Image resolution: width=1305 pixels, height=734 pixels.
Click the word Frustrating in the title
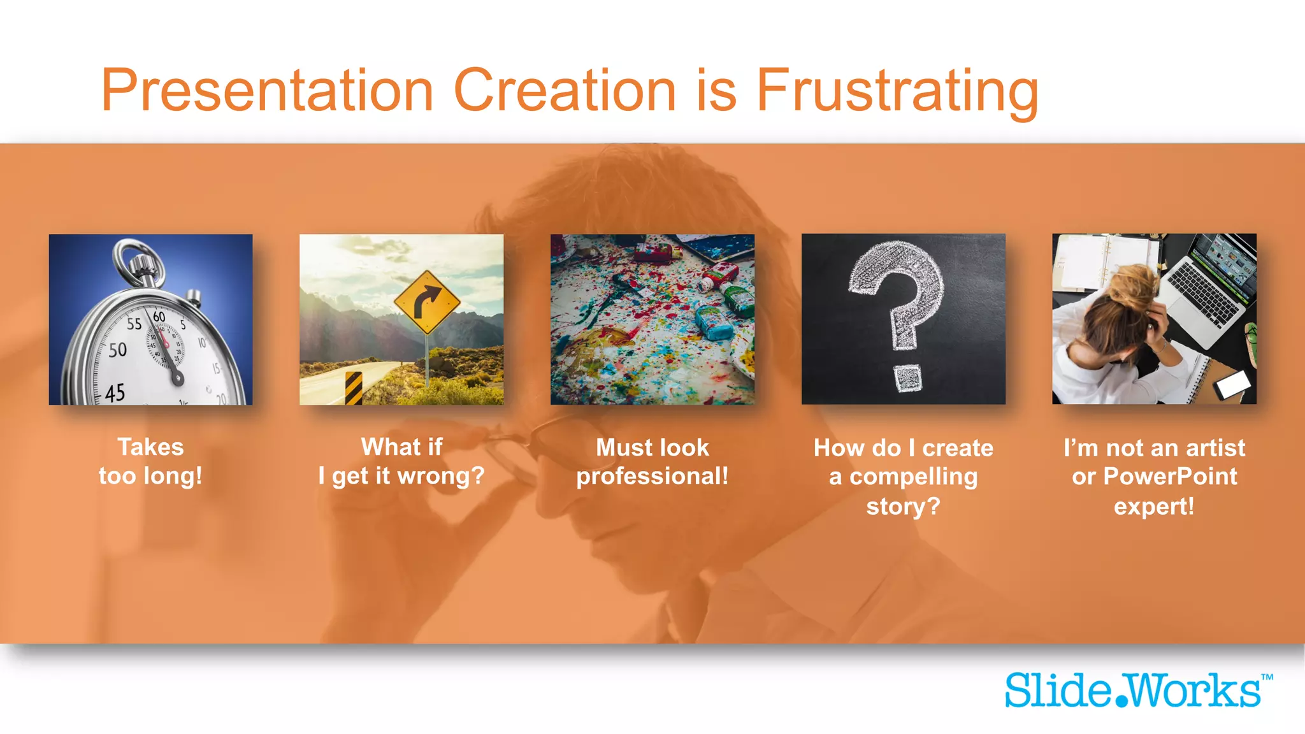click(897, 90)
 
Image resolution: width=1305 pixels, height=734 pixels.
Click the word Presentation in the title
click(268, 90)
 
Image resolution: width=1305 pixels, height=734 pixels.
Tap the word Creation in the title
click(564, 90)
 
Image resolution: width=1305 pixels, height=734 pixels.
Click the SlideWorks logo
click(1132, 691)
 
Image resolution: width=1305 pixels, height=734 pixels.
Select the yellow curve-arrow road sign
click(427, 302)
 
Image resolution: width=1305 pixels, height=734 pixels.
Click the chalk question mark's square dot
click(907, 378)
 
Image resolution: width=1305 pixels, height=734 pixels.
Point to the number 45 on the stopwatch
click(115, 392)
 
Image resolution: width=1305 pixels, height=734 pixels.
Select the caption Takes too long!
click(150, 461)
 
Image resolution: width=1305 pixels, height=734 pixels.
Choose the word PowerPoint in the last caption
click(1170, 477)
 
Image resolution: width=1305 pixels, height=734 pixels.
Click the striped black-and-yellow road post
click(353, 388)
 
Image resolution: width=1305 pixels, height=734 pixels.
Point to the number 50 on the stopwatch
click(117, 350)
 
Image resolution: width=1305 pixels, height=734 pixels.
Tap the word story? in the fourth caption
click(903, 507)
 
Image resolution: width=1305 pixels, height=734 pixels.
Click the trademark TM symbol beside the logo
click(1267, 677)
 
